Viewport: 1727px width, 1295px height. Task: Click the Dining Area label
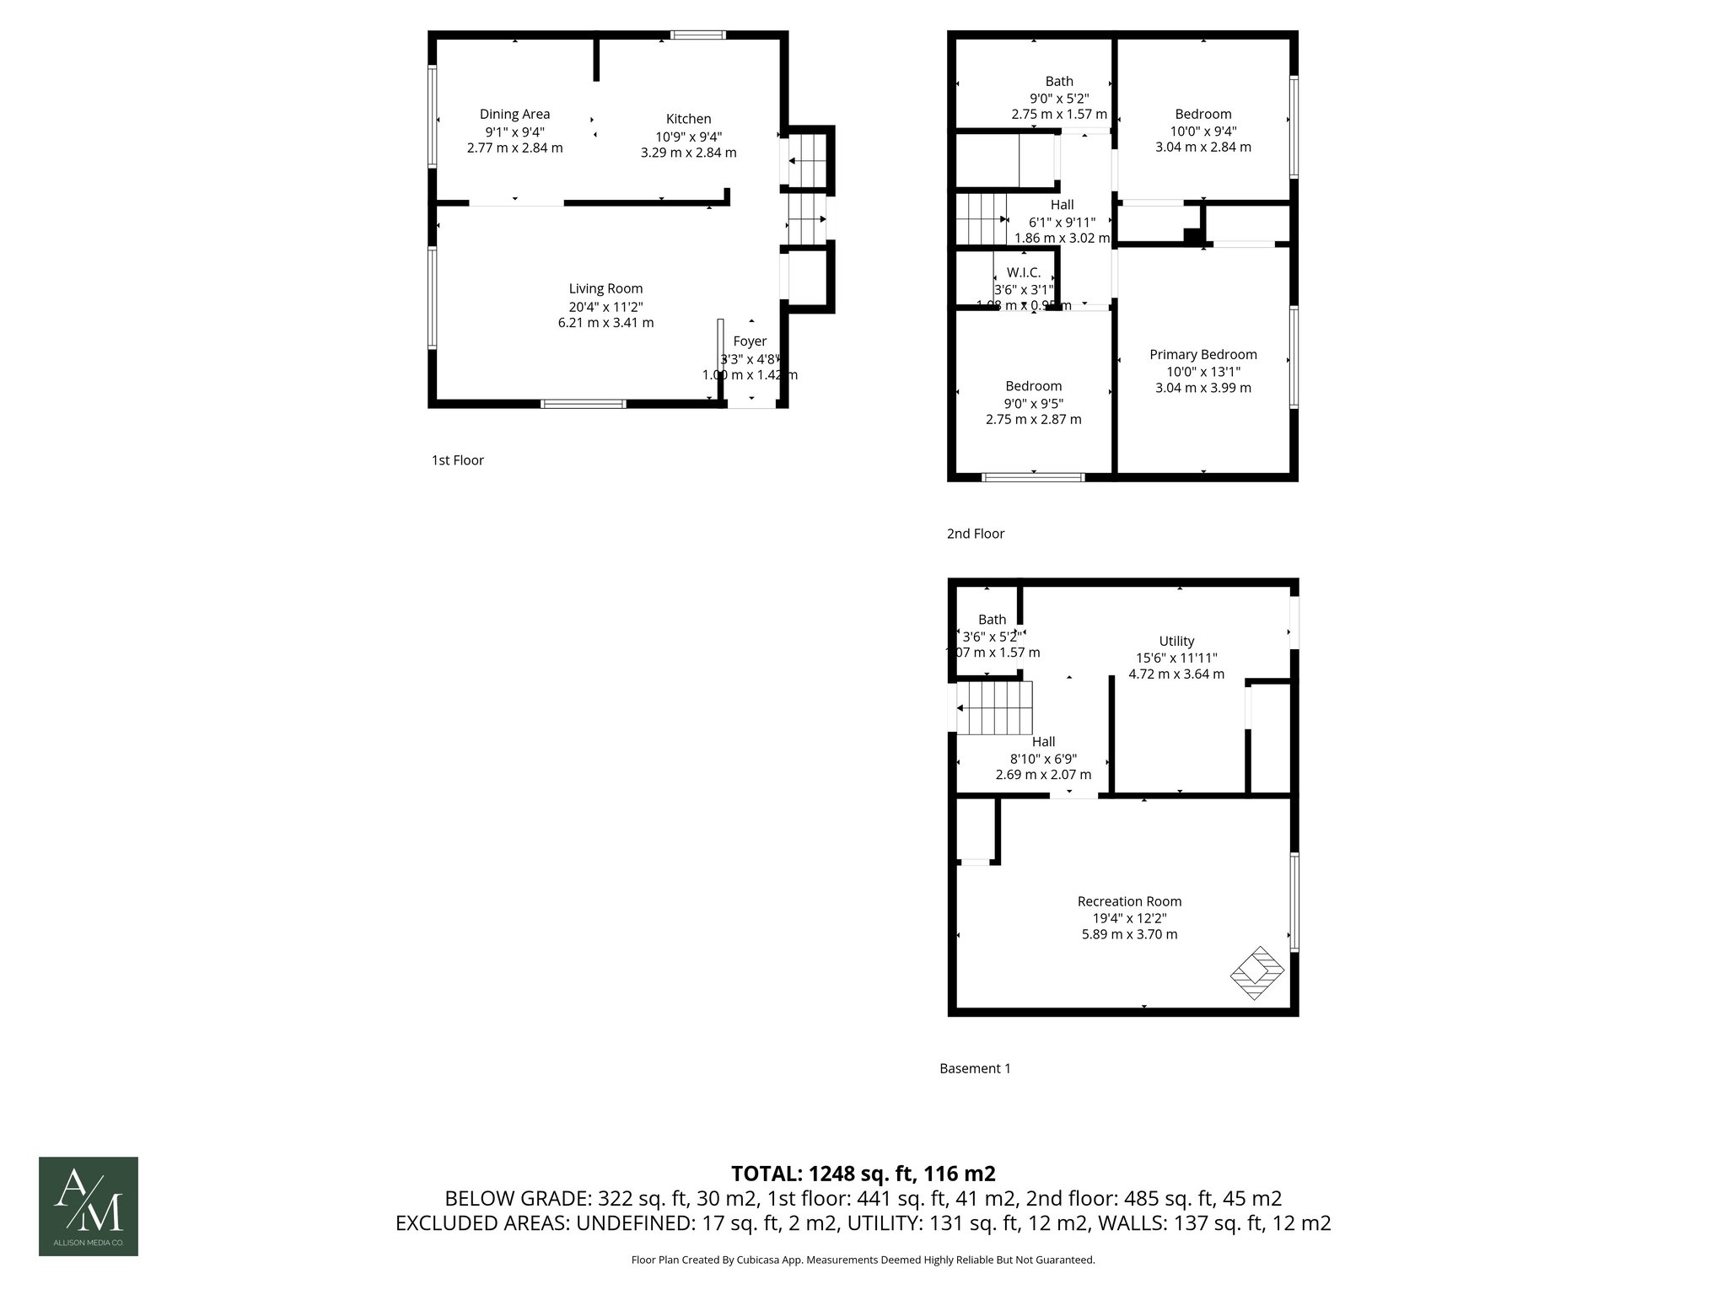point(514,115)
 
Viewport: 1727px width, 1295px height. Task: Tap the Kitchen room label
point(688,119)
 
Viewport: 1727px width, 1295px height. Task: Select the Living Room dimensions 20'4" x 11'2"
point(605,307)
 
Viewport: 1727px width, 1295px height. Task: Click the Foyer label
point(750,341)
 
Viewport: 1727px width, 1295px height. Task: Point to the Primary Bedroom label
point(1202,355)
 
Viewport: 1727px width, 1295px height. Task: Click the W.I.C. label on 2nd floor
point(1023,273)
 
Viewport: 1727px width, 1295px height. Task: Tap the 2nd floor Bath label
point(1059,82)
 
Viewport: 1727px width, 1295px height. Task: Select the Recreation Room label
point(1129,901)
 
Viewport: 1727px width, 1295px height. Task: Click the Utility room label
point(1176,641)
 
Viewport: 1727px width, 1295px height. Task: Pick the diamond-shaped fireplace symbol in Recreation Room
point(1256,973)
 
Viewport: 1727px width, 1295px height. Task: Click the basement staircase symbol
point(995,708)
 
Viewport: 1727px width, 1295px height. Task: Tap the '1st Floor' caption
point(457,460)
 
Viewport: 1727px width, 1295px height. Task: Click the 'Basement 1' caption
point(975,1068)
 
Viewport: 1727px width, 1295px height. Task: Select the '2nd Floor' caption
point(975,534)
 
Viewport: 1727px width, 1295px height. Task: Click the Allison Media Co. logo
point(89,1206)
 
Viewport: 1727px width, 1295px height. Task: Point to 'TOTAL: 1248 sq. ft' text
point(863,1174)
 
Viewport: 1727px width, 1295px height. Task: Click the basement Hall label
point(1043,742)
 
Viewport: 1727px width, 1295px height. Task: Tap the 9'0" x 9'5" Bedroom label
point(1033,386)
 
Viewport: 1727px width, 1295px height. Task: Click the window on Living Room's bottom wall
point(583,404)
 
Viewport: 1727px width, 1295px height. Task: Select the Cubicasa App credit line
point(863,1260)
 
